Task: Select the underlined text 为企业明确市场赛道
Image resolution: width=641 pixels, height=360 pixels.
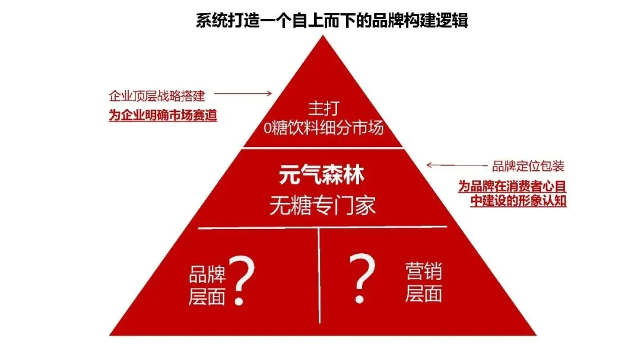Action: click(163, 115)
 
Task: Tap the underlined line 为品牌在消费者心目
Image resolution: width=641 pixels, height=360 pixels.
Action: click(512, 186)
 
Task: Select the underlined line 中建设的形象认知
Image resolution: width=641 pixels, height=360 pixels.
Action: click(518, 201)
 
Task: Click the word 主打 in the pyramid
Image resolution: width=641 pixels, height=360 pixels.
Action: click(322, 109)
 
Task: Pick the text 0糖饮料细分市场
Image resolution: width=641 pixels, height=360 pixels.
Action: click(322, 128)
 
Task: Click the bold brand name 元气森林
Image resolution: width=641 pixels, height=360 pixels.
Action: click(322, 176)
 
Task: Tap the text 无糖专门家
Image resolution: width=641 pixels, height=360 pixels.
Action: click(322, 205)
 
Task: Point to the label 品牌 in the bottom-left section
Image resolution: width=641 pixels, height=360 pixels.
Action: click(207, 275)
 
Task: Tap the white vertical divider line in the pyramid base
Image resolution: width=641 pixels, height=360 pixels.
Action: click(319, 279)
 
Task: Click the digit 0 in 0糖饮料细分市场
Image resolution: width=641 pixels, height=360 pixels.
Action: click(266, 129)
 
